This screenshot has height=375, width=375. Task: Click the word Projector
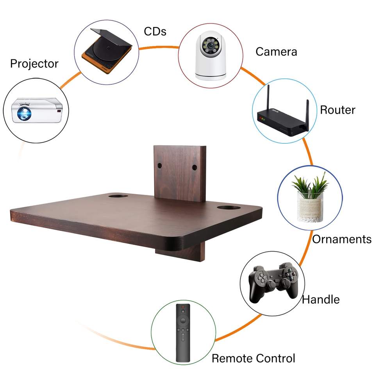pos(34,63)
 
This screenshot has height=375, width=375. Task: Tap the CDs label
pos(155,31)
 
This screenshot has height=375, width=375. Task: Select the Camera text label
pos(276,51)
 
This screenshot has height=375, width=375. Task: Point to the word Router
pos(337,110)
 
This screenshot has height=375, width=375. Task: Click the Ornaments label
pos(341,239)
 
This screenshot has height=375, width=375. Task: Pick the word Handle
pos(321,299)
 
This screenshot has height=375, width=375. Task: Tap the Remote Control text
pos(253,358)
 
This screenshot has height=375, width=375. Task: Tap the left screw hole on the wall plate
pos(160,165)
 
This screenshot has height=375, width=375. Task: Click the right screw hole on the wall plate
pos(194,168)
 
